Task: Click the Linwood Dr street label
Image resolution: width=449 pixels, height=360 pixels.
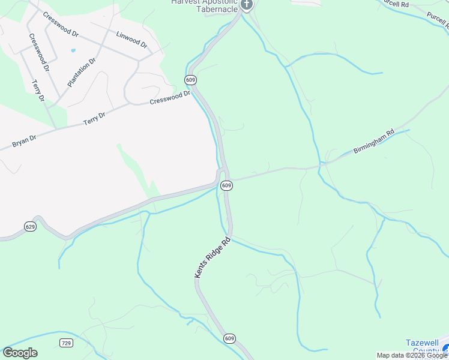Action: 132,40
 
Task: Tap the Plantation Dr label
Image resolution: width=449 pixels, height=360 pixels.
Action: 82,73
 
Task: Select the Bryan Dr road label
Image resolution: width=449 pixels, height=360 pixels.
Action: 24,142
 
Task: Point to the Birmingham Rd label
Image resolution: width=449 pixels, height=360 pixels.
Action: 373,142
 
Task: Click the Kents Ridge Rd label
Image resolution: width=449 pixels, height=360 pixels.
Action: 212,258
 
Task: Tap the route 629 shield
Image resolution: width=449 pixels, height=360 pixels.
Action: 31,226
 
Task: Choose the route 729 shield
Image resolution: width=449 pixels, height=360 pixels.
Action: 66,343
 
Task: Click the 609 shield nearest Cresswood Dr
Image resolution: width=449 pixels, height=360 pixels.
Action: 191,80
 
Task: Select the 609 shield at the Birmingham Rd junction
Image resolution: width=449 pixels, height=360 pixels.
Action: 226,186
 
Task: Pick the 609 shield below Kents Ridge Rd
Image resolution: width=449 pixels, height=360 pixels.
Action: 229,338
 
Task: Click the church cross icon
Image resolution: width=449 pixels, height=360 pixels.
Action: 246,5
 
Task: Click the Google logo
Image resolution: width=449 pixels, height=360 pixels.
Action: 20,353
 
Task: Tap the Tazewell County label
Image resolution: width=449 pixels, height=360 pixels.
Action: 426,347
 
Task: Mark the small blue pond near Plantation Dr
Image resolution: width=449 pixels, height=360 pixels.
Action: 73,50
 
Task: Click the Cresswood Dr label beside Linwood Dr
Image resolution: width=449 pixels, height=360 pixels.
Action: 61,23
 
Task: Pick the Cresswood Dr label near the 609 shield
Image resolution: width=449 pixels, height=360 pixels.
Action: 170,97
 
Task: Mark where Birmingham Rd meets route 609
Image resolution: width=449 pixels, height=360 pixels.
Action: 229,179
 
